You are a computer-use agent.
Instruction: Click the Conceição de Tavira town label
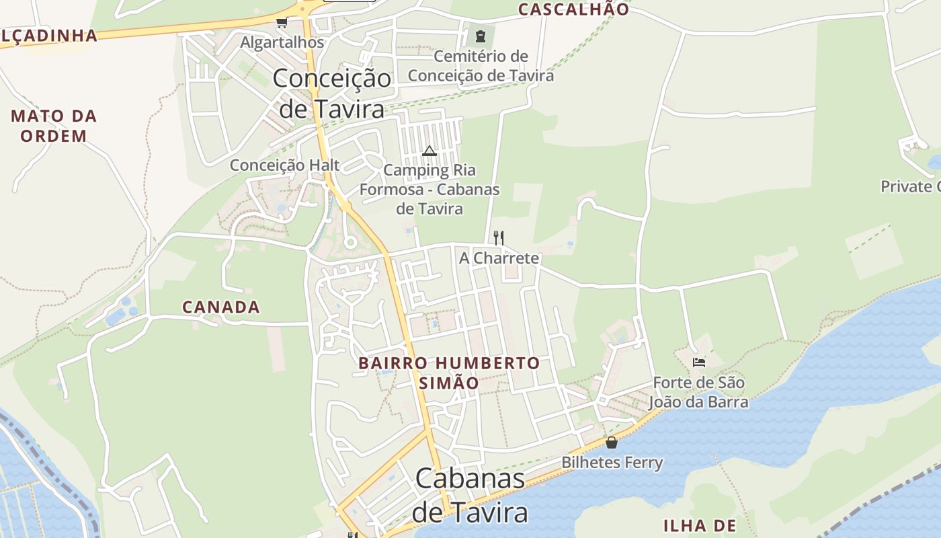(331, 93)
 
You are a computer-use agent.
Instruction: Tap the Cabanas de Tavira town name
(470, 496)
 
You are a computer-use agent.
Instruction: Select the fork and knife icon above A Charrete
(499, 237)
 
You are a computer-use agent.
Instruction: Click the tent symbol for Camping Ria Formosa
(429, 151)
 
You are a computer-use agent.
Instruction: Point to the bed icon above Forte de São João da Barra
(699, 362)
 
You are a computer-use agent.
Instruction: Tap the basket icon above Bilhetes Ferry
(612, 443)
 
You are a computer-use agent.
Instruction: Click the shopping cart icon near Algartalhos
(282, 23)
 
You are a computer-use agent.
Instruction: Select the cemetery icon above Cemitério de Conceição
(481, 36)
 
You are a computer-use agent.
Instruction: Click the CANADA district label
(221, 307)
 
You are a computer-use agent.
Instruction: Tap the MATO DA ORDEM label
(54, 126)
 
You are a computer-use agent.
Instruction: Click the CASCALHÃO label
(573, 9)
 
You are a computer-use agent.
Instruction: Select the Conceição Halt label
(285, 165)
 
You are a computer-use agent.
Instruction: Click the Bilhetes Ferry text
(612, 463)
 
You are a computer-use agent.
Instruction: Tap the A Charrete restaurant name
(499, 258)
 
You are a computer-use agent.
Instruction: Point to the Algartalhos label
(282, 42)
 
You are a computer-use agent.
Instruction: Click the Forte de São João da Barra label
(698, 393)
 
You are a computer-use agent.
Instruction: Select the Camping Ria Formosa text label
(429, 189)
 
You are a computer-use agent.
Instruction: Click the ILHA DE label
(700, 525)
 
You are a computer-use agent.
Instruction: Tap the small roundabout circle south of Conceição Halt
(350, 241)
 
